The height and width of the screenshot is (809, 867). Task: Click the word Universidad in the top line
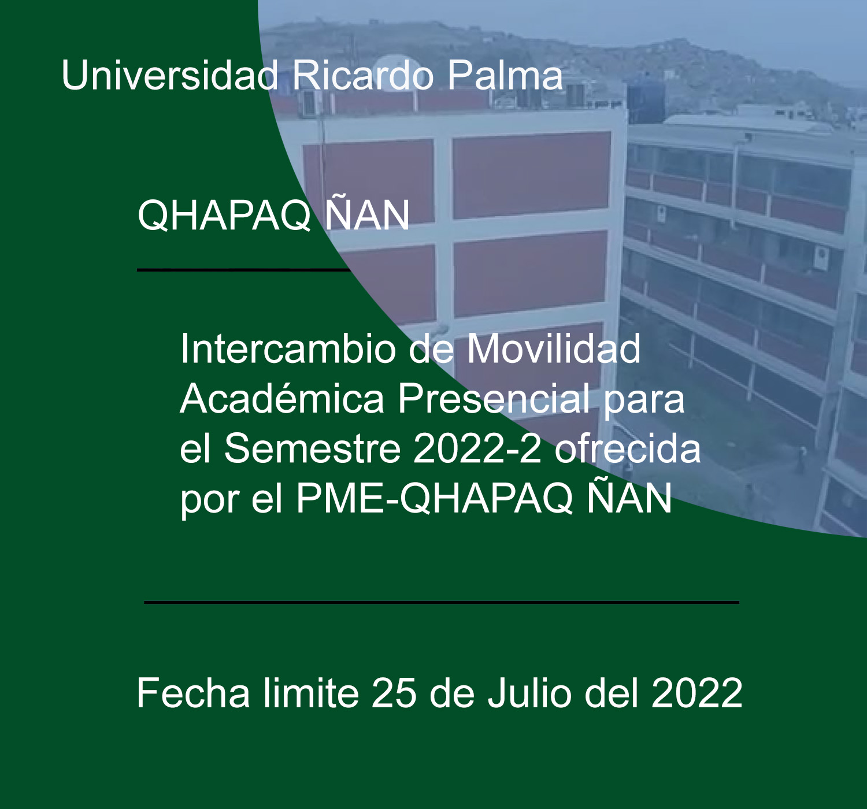pyautogui.click(x=170, y=75)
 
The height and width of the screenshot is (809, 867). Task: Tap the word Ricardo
pyautogui.click(x=363, y=75)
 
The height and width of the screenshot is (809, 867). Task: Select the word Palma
pyautogui.click(x=505, y=75)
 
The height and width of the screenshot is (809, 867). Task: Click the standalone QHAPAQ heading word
pyautogui.click(x=224, y=216)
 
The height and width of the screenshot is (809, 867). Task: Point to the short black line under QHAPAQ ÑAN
pyautogui.click(x=243, y=270)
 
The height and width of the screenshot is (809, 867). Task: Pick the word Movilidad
pyautogui.click(x=554, y=348)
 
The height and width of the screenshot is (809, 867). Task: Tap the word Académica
pyautogui.click(x=282, y=399)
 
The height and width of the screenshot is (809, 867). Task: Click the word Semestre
pyautogui.click(x=313, y=449)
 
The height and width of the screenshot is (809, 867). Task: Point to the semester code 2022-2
pyautogui.click(x=477, y=449)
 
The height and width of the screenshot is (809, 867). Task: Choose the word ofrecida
pyautogui.click(x=627, y=449)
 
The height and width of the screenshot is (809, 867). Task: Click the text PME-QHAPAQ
pyautogui.click(x=435, y=499)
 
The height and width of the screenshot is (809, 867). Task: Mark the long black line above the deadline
pyautogui.click(x=442, y=603)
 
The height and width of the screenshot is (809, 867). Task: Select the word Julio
pyautogui.click(x=529, y=693)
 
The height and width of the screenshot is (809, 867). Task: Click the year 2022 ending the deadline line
pyautogui.click(x=697, y=693)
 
